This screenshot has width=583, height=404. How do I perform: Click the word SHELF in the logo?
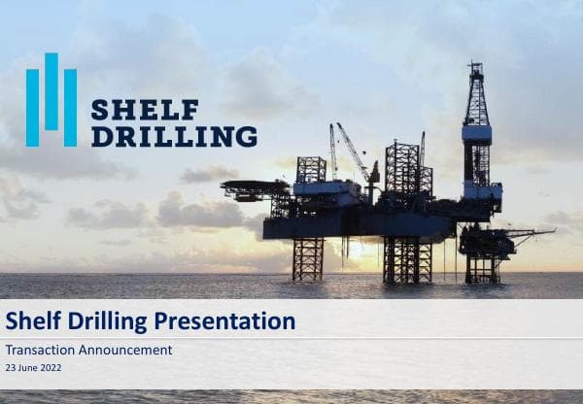145,110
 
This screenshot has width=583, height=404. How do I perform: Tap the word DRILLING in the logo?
174,136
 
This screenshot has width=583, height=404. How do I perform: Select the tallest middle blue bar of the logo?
51,91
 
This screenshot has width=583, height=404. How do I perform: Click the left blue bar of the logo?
33,108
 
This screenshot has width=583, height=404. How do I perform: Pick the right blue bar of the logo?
70,108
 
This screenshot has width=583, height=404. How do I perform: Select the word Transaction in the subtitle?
40,350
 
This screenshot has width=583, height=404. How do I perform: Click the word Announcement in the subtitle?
125,350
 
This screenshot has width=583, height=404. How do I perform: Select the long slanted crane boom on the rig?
352,150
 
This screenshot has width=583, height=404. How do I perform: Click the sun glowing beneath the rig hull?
359,251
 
